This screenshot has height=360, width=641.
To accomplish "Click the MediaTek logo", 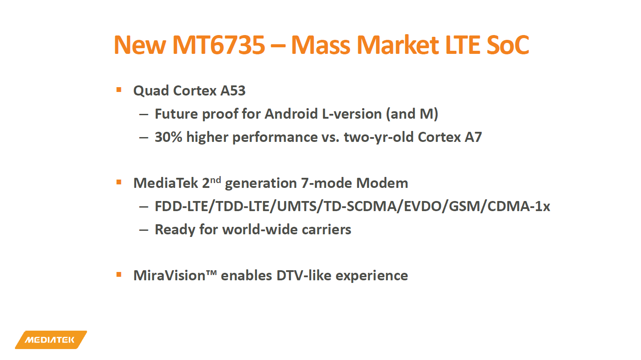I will (50, 340).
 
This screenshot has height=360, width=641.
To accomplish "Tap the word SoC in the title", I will (507, 45).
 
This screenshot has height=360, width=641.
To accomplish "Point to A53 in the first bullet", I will (233, 91).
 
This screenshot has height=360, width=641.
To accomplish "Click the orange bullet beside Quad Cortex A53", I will (119, 90).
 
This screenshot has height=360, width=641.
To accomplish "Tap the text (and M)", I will (412, 114).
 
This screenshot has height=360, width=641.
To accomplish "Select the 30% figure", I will (168, 137).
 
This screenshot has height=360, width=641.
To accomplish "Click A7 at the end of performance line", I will (473, 137).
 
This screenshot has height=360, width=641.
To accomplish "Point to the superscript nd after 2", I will (215, 179).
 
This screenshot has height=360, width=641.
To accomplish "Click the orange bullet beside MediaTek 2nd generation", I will (119, 182).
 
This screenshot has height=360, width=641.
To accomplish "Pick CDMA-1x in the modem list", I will (518, 206).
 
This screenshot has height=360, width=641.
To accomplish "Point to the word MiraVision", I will (169, 275).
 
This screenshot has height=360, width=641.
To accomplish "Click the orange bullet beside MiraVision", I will (119, 275).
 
